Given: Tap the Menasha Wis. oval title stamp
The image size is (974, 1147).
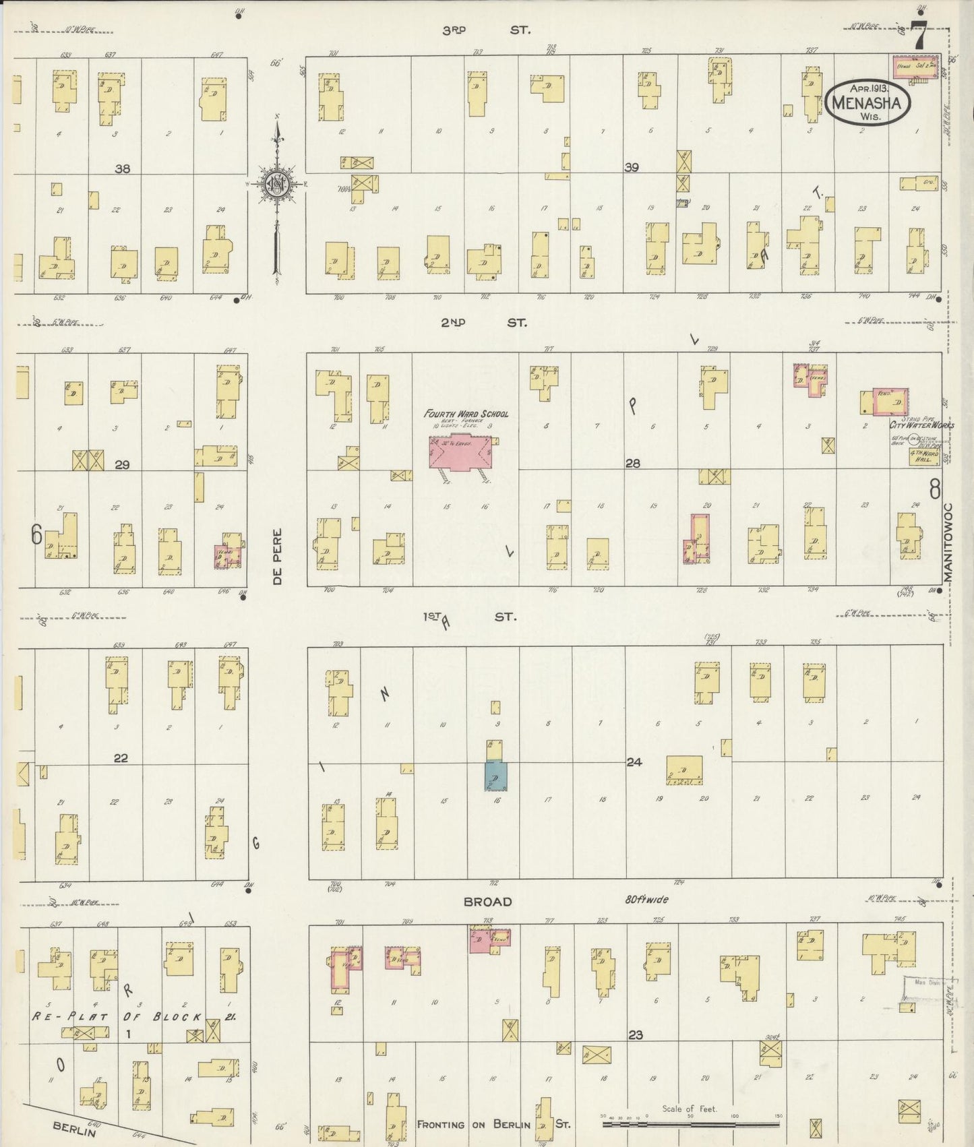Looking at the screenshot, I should coord(868,102).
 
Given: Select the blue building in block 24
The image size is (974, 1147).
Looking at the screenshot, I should coord(495,776).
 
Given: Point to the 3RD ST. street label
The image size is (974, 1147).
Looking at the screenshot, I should coord(486,30).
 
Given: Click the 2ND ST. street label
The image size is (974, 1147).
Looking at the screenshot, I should coord(483,323).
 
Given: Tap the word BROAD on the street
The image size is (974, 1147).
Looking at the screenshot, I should coord(487,902).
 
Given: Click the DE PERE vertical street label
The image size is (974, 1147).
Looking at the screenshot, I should coord(278,556).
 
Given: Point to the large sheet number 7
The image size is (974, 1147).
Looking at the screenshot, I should coord(918,35).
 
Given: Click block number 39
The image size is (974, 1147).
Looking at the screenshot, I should coord(631,168).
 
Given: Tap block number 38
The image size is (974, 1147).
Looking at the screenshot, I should coord(122,168).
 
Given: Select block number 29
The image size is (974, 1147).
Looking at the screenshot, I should coord(122,464).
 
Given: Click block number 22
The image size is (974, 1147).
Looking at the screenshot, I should coord(121,758).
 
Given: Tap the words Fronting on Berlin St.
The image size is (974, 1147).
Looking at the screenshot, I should coord(493,1124).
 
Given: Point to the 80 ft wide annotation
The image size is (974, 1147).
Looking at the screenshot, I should coord(646,900).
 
